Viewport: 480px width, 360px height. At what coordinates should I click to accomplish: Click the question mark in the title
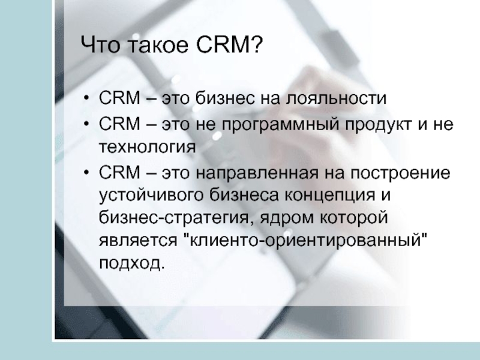pyautogui.click(x=257, y=44)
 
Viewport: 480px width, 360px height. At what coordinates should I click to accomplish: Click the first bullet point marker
pyautogui.click(x=86, y=98)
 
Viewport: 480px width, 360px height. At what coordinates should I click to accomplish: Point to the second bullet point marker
pyautogui.click(x=86, y=124)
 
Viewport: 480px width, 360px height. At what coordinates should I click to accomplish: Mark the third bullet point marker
pyautogui.click(x=86, y=173)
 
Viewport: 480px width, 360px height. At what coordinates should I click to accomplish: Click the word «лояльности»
pyautogui.click(x=336, y=98)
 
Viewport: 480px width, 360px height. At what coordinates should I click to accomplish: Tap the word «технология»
pyautogui.click(x=147, y=147)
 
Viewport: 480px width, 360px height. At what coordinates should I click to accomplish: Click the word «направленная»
pyautogui.click(x=257, y=173)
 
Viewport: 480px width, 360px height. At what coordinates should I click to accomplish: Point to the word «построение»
pyautogui.click(x=400, y=173)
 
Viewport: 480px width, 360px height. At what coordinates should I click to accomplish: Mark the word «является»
pyautogui.click(x=138, y=241)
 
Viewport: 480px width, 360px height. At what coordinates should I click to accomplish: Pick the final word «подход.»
pyautogui.click(x=132, y=263)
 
